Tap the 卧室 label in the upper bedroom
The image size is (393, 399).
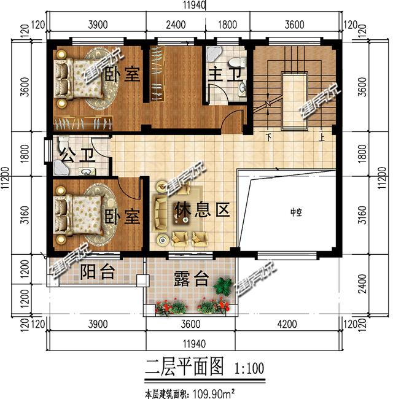[x=127, y=74]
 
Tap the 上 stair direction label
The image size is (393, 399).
[x=321, y=137]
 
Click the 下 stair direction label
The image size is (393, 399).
[x=268, y=137]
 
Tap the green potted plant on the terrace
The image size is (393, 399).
[x=222, y=286]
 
